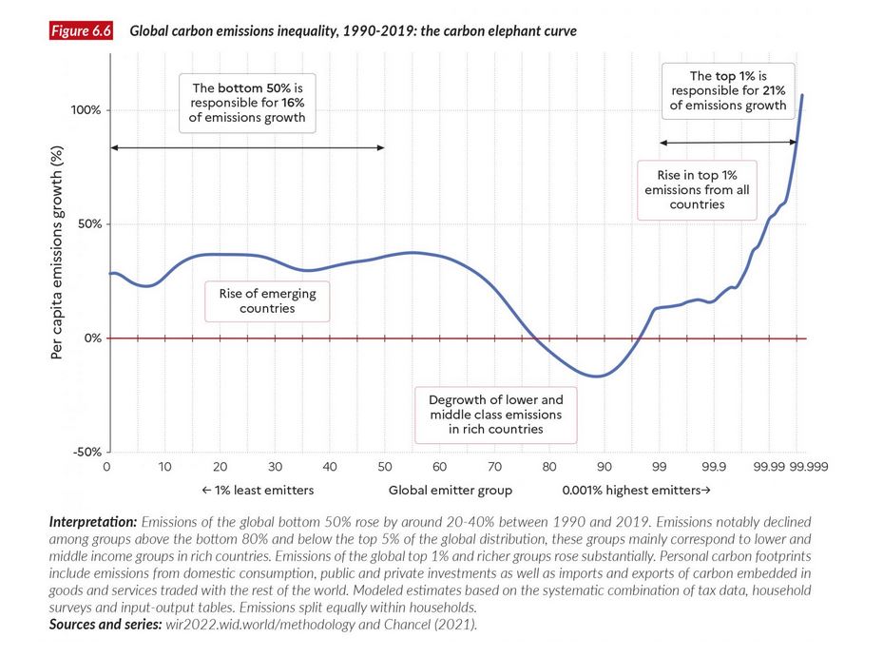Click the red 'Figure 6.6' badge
(82, 31)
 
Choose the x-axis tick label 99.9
(713, 467)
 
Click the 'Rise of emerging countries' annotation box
(261, 300)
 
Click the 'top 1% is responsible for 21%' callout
(728, 90)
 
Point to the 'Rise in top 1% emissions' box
(698, 190)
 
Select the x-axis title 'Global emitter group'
(450, 491)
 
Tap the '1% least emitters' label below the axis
(257, 491)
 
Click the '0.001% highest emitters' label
(635, 491)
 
